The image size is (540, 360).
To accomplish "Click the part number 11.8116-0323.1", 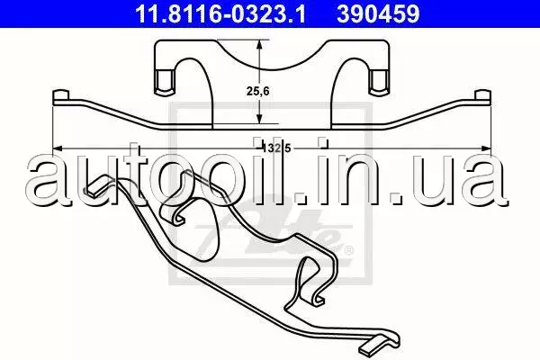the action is click(x=220, y=13).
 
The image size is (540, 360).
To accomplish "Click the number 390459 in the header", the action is click(x=378, y=13).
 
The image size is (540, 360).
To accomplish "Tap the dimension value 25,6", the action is click(x=257, y=91).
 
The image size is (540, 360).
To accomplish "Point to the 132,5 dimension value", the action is click(x=277, y=148).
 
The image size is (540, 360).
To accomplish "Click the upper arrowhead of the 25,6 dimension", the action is click(x=259, y=44).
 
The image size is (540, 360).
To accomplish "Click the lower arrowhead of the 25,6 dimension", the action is click(x=259, y=119).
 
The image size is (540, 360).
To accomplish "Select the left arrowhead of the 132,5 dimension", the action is click(x=58, y=148).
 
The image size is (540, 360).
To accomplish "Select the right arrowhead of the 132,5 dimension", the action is click(x=486, y=148).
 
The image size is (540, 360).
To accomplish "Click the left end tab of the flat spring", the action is click(x=61, y=96).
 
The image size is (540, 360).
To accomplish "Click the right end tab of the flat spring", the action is click(x=482, y=96).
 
